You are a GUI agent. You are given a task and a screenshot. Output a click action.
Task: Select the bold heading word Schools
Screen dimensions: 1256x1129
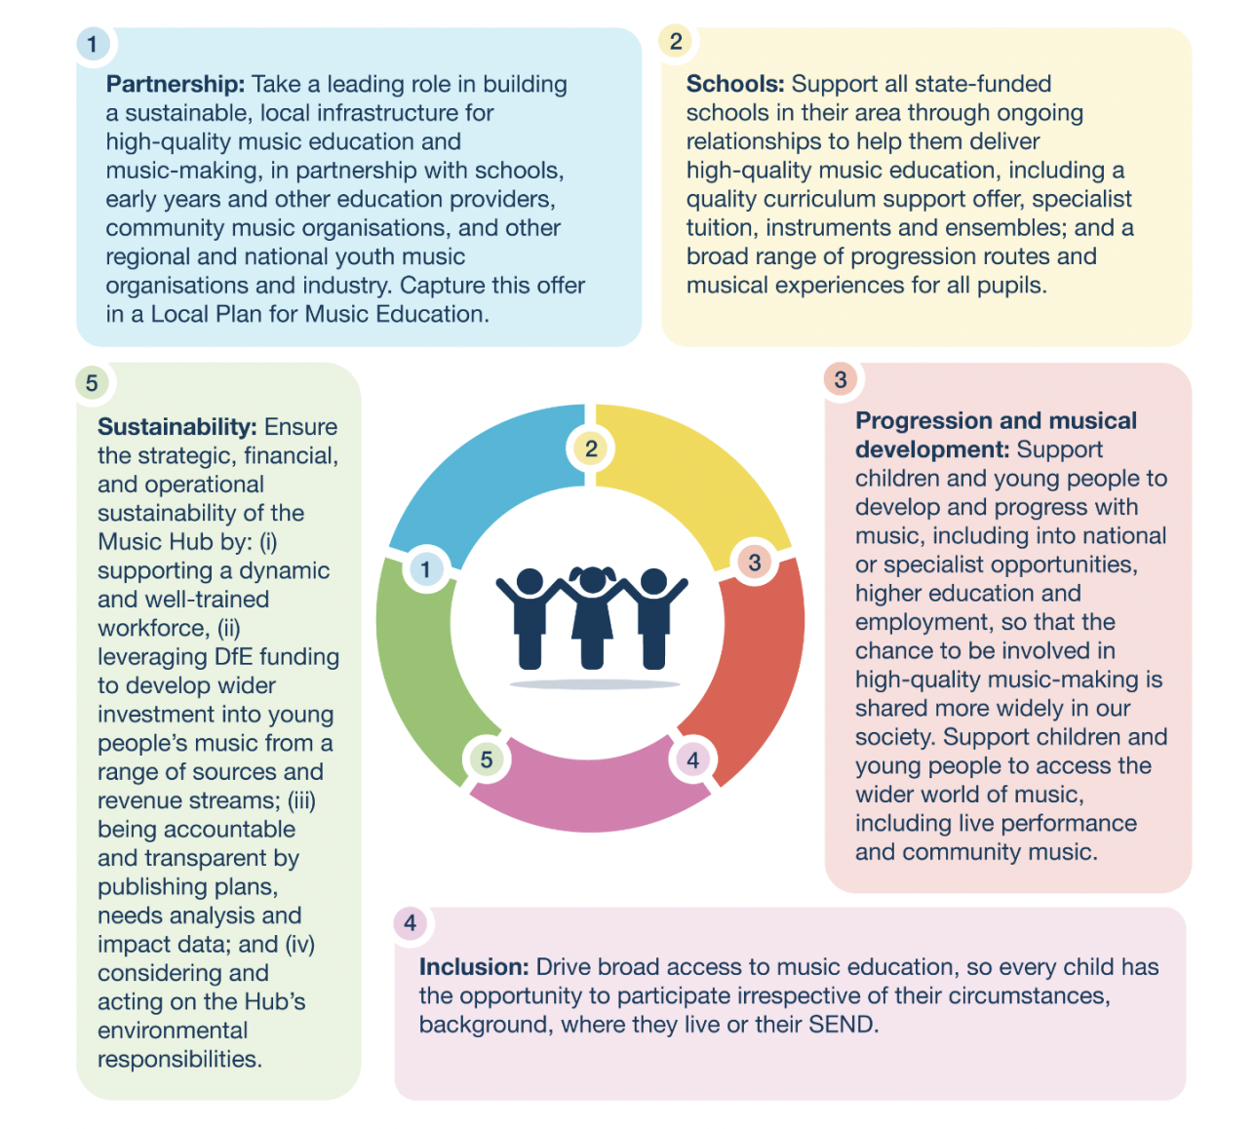[x=734, y=84]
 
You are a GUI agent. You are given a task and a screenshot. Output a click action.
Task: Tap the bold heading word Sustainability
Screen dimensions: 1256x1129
[x=177, y=427]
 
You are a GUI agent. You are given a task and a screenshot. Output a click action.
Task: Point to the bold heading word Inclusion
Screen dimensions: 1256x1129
[x=473, y=967]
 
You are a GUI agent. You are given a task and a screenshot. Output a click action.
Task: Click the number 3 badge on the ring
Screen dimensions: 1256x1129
[x=754, y=562]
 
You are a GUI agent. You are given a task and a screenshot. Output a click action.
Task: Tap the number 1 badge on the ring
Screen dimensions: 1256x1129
[x=425, y=568]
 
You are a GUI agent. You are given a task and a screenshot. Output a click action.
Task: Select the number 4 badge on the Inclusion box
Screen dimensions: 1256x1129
[x=411, y=923]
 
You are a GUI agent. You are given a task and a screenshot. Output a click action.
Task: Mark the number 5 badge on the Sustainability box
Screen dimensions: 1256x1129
[x=92, y=383]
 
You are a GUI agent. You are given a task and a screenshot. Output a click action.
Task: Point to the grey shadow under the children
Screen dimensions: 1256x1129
[x=594, y=684]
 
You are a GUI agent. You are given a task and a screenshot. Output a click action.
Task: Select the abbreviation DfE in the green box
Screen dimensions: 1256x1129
[x=233, y=657]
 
